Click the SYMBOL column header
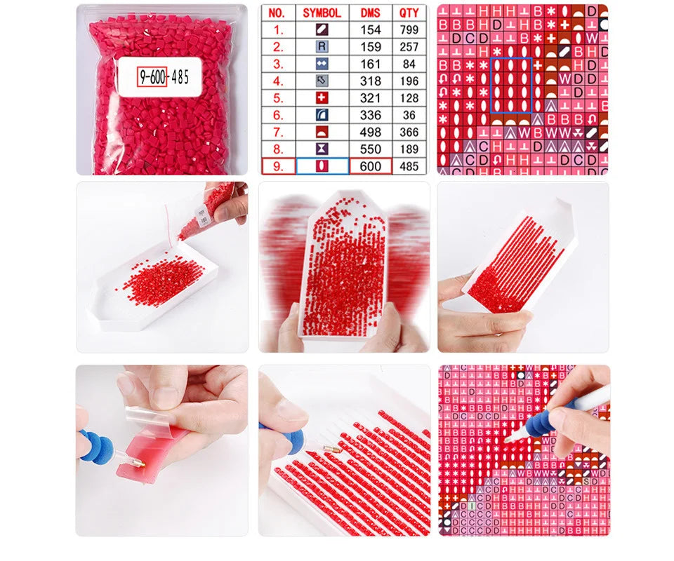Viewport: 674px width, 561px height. [x=322, y=13]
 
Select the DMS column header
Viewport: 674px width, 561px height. [x=371, y=13]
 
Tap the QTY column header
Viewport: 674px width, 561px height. [x=409, y=13]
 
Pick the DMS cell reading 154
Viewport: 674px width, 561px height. [x=371, y=30]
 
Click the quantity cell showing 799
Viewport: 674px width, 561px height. [x=409, y=30]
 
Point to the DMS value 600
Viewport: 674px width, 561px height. [x=371, y=166]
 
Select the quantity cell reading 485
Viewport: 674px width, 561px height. [x=409, y=166]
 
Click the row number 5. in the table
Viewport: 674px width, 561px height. [x=278, y=98]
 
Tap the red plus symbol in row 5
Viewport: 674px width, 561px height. [x=322, y=98]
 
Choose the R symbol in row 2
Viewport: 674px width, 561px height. [x=322, y=47]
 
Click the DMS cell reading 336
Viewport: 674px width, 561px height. [x=371, y=115]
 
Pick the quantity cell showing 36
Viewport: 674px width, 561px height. [x=409, y=115]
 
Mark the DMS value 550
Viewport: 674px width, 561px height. [x=371, y=149]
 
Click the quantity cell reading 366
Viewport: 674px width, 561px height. [x=409, y=132]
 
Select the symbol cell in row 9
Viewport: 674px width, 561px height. [x=322, y=166]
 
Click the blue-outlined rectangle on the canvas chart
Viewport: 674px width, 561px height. [x=510, y=85]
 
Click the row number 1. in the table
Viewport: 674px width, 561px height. [x=278, y=30]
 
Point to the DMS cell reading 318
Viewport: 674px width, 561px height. [x=371, y=81]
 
